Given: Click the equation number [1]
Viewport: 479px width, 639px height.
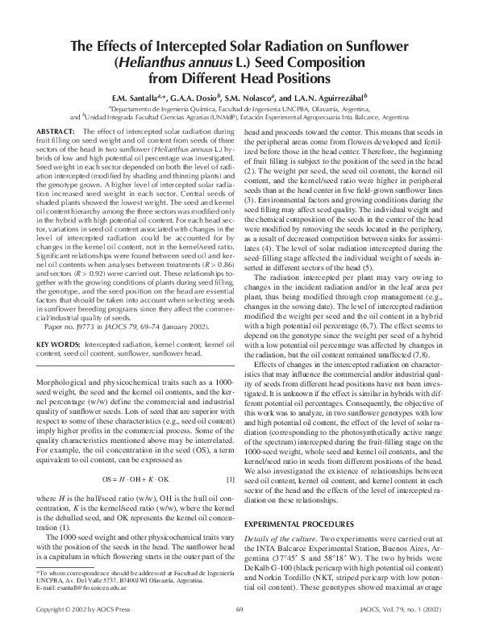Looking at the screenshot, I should click(x=230, y=458).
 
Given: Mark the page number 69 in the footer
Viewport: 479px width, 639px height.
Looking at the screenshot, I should click(x=240, y=629).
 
